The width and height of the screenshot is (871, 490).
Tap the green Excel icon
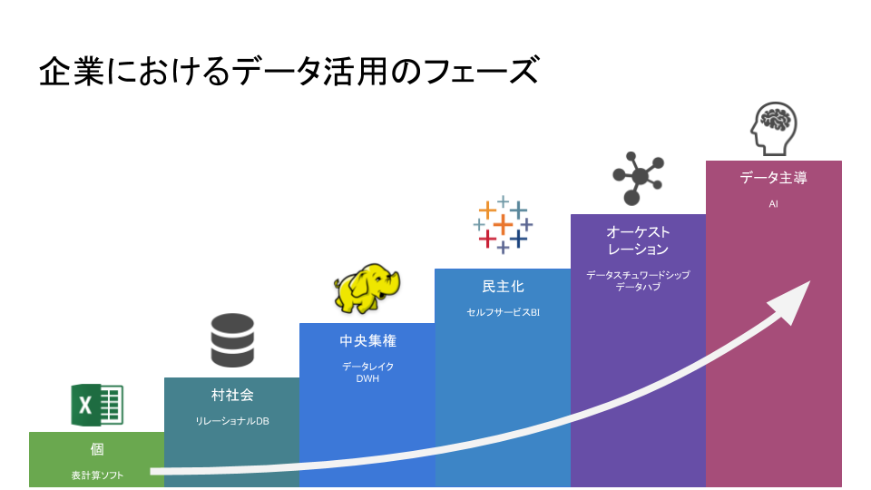click(96, 405)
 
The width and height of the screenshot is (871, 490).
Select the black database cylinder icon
click(232, 340)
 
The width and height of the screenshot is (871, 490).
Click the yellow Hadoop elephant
click(367, 287)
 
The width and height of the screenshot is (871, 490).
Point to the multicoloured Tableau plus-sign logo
click(502, 224)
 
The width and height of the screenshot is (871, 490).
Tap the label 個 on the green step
click(97, 450)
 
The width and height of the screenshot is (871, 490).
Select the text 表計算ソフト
click(97, 475)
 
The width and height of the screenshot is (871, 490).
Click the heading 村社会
click(232, 396)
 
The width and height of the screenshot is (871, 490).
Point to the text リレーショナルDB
click(232, 421)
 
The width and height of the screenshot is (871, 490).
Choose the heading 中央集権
click(367, 341)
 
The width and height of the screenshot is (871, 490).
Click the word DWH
click(367, 378)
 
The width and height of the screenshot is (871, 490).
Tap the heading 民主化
click(503, 287)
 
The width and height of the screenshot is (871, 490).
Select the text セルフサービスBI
click(503, 313)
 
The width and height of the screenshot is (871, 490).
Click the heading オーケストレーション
click(638, 240)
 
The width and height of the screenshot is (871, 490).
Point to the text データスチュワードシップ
click(638, 274)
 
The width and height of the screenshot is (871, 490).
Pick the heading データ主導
click(773, 178)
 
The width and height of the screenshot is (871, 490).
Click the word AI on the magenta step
click(773, 204)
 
